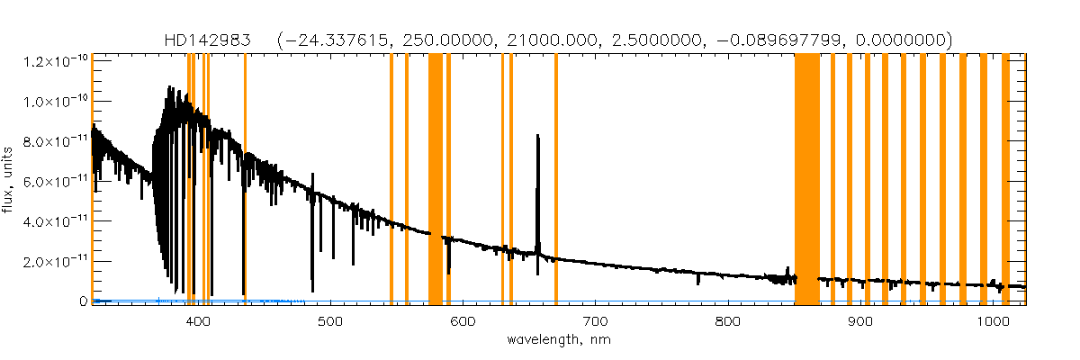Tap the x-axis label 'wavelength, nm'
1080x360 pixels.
[x=559, y=340]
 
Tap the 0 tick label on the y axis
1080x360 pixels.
[x=82, y=301]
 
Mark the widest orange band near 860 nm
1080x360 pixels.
[x=807, y=180]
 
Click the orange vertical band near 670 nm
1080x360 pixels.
[x=556, y=180]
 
